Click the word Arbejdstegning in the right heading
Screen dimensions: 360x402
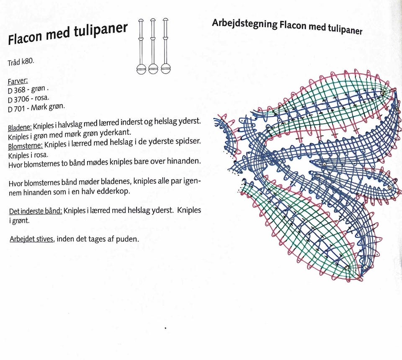tap(244, 23)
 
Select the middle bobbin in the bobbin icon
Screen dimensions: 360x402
tap(153, 46)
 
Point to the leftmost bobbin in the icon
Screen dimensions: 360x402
tap(141, 46)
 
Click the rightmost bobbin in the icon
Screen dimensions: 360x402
tap(165, 46)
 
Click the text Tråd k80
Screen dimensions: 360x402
tap(21, 63)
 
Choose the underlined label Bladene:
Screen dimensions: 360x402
tap(20, 127)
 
